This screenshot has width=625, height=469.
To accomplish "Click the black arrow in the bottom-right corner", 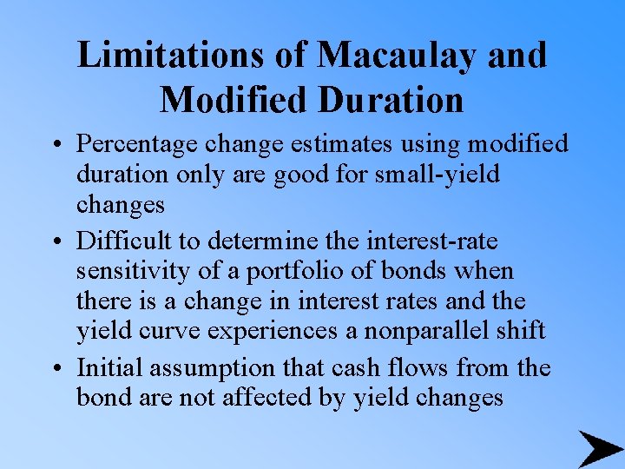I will pos(599,448).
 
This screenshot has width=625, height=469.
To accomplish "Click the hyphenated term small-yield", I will pos(438,174).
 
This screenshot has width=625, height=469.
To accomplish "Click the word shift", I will pos(522,331).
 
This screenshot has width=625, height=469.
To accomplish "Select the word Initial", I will pos(110,368).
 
